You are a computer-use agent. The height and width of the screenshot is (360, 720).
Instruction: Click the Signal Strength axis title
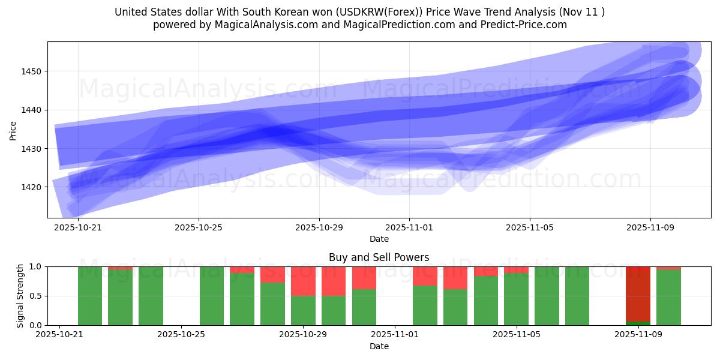coord(20,296)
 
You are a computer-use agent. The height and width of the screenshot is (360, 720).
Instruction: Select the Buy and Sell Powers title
coord(379,257)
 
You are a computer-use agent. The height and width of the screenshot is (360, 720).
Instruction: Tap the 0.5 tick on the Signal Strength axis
coord(35,296)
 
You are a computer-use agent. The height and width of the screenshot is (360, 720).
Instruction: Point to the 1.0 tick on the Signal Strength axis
coord(35,266)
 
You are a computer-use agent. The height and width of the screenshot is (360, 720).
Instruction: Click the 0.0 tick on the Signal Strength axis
coord(35,325)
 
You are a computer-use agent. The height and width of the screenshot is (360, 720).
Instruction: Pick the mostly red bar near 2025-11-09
coord(638,294)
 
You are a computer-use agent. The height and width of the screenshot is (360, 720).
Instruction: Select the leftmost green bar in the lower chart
coord(90,296)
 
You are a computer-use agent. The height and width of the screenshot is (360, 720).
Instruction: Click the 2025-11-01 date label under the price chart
coord(409,227)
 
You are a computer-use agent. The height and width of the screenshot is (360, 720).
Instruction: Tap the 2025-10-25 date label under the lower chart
coord(181,335)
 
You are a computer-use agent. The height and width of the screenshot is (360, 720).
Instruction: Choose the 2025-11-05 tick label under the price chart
coord(530,227)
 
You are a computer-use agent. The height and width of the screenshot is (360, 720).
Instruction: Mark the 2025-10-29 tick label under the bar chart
coord(302,335)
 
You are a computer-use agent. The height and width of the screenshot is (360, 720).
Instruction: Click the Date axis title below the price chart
coord(379,239)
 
